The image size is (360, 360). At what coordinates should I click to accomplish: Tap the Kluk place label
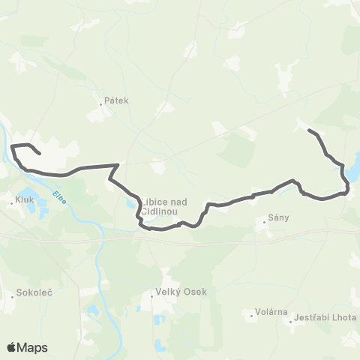[25, 200]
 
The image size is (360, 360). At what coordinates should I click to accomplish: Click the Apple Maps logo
[27, 347]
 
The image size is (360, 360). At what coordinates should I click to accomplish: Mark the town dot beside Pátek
[101, 103]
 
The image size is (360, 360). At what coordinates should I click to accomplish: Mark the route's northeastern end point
[309, 131]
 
